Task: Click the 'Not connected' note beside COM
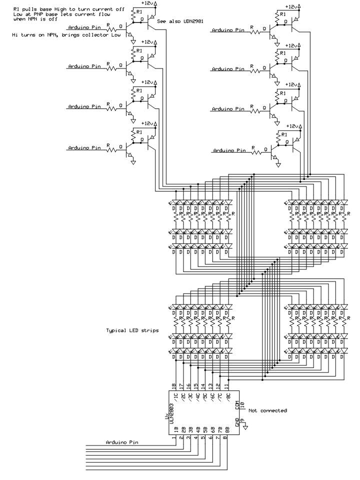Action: click(267, 410)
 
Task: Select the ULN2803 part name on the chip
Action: click(171, 414)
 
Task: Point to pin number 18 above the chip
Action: click(174, 386)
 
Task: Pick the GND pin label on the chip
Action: click(237, 421)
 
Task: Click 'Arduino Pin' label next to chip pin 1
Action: click(122, 442)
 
